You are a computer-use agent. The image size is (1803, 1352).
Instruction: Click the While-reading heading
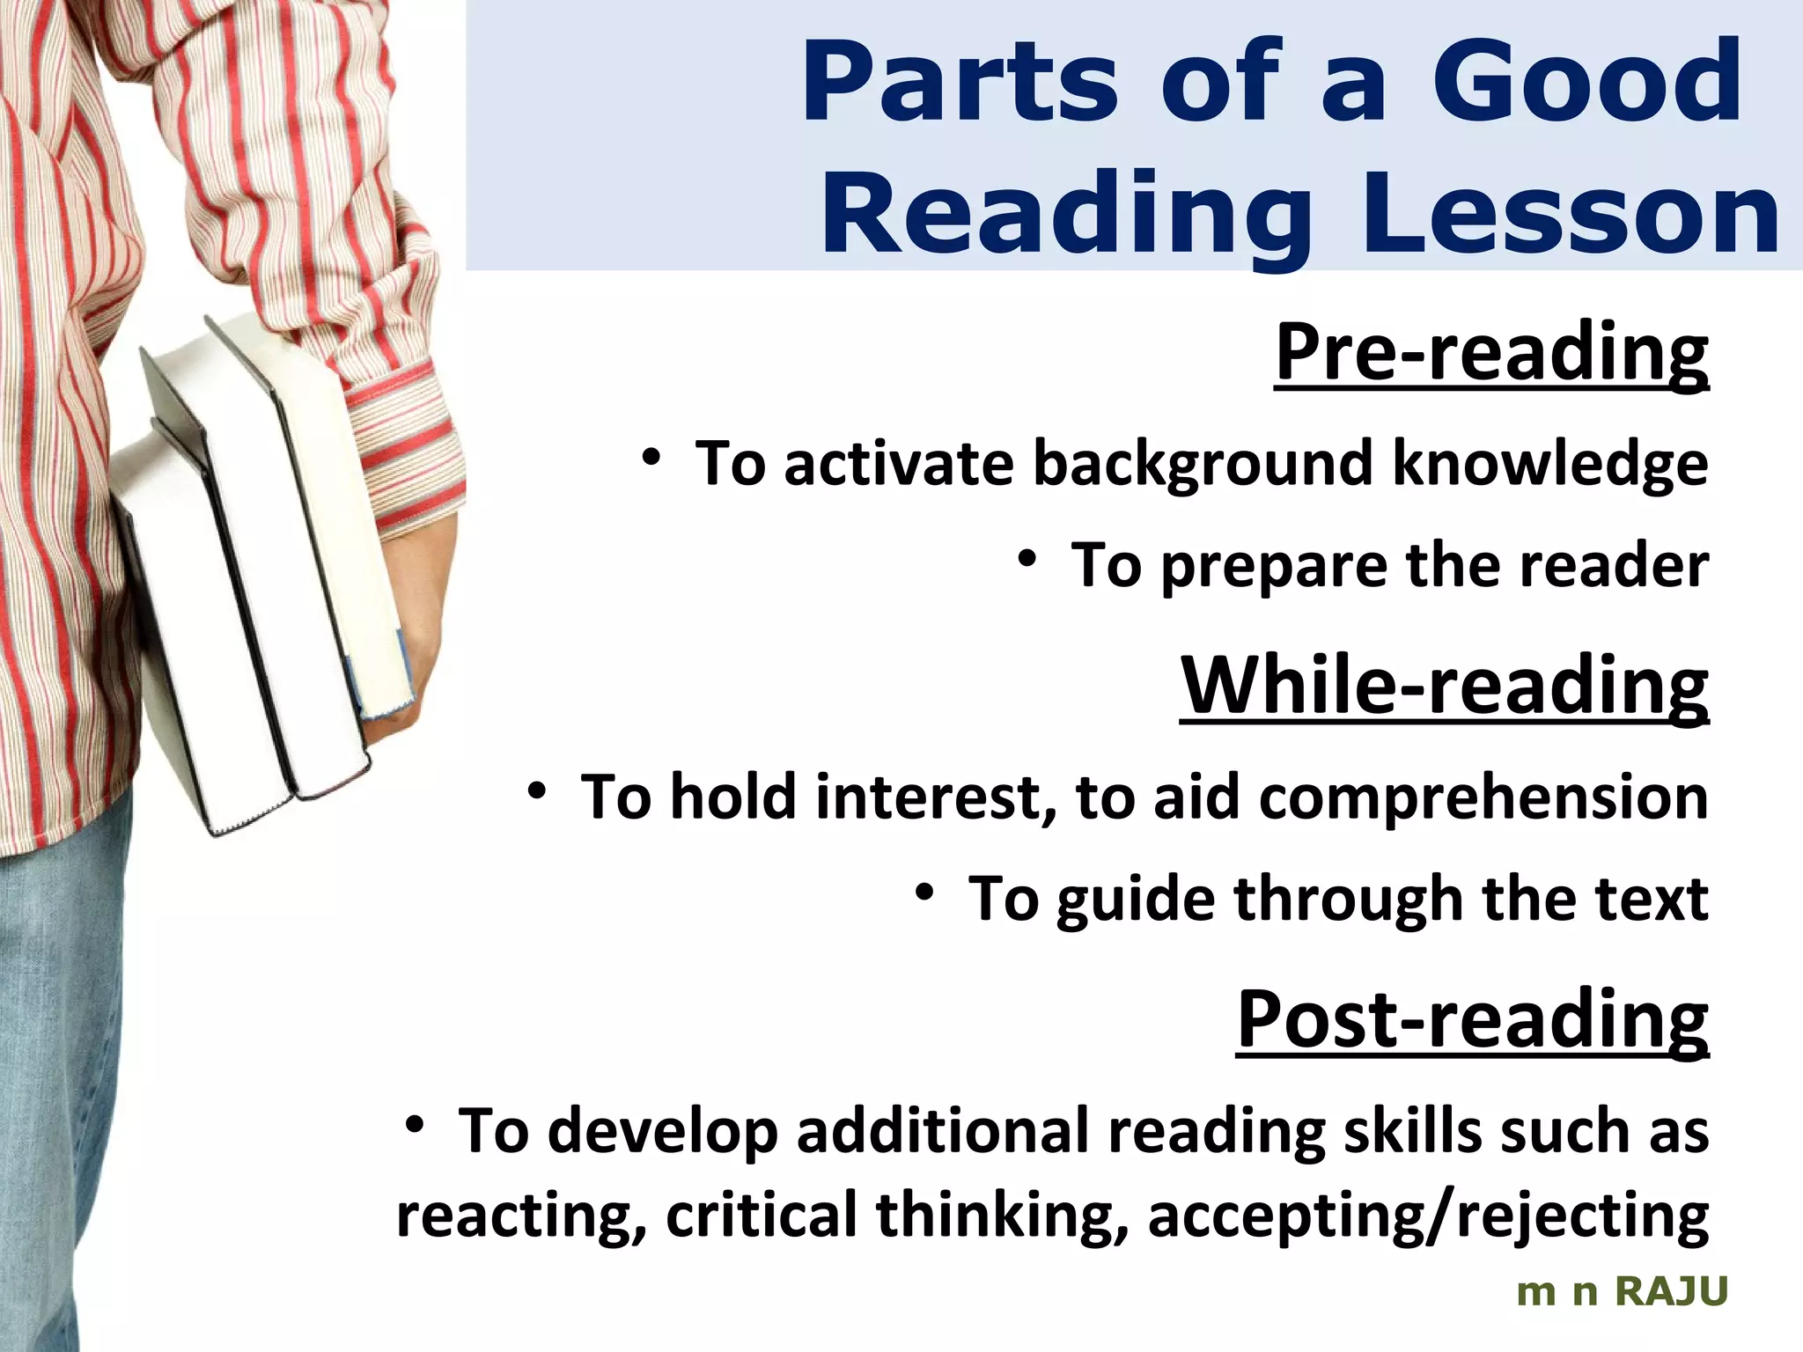coord(1444,686)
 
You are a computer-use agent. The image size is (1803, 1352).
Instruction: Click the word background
coord(1202,464)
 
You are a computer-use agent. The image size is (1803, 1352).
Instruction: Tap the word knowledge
coord(1549,464)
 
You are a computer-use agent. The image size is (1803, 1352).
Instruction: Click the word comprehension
coord(1483,797)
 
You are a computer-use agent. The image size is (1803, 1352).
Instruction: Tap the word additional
coord(943,1131)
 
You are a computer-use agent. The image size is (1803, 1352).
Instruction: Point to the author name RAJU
coord(1672,1292)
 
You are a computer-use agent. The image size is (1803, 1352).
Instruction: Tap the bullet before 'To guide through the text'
coord(924,893)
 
